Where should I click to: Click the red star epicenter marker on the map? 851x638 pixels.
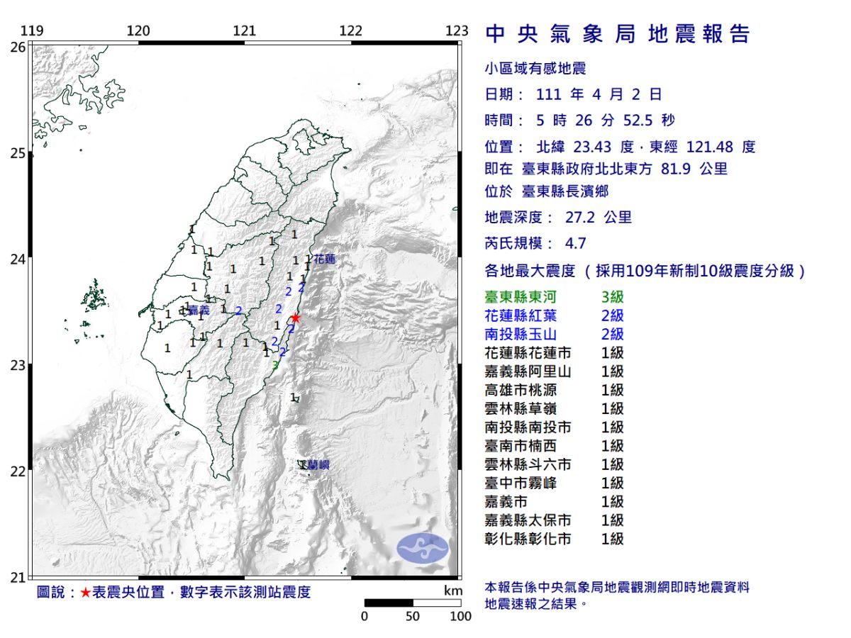point(295,318)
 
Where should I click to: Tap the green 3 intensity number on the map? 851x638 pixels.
point(275,365)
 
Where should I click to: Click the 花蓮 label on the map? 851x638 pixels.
point(324,259)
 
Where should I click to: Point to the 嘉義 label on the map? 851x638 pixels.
point(199,310)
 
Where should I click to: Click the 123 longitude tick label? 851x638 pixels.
point(457,30)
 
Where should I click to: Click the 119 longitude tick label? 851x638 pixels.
point(30,30)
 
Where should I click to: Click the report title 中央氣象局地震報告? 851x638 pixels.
point(617,34)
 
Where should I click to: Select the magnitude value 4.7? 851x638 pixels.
point(575,243)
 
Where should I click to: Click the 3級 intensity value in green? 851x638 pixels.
point(612,297)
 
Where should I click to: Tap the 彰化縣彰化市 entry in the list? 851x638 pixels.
point(528,539)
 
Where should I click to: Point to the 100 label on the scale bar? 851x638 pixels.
point(460,616)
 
